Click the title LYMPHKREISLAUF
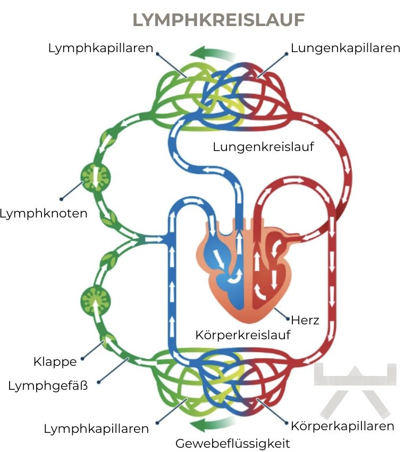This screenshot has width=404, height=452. coord(218,20)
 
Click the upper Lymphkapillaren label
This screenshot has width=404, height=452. coord(100,48)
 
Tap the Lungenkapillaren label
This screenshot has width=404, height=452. coord(345,48)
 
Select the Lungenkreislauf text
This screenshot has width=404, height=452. coord(263,147)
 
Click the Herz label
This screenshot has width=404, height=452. coord(305,320)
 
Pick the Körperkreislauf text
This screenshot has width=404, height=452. coord(243,336)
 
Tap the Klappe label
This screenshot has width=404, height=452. coord(55,362)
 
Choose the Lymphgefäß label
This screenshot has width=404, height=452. coord(48,386)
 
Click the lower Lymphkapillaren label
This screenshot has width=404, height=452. coord(96,429)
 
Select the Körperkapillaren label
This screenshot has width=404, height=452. coord(342,426)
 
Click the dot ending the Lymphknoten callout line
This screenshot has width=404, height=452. coord(62,199)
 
